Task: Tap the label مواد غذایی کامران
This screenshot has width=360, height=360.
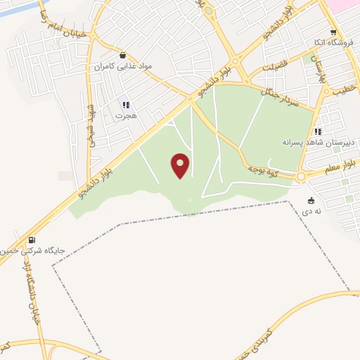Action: click(x=124, y=67)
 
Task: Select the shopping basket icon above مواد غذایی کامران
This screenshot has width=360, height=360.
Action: click(x=124, y=55)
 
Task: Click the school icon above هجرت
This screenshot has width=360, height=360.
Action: click(x=125, y=105)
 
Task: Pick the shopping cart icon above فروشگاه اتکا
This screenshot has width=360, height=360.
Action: click(x=333, y=32)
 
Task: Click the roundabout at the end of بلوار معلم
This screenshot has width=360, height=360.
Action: click(x=302, y=176)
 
